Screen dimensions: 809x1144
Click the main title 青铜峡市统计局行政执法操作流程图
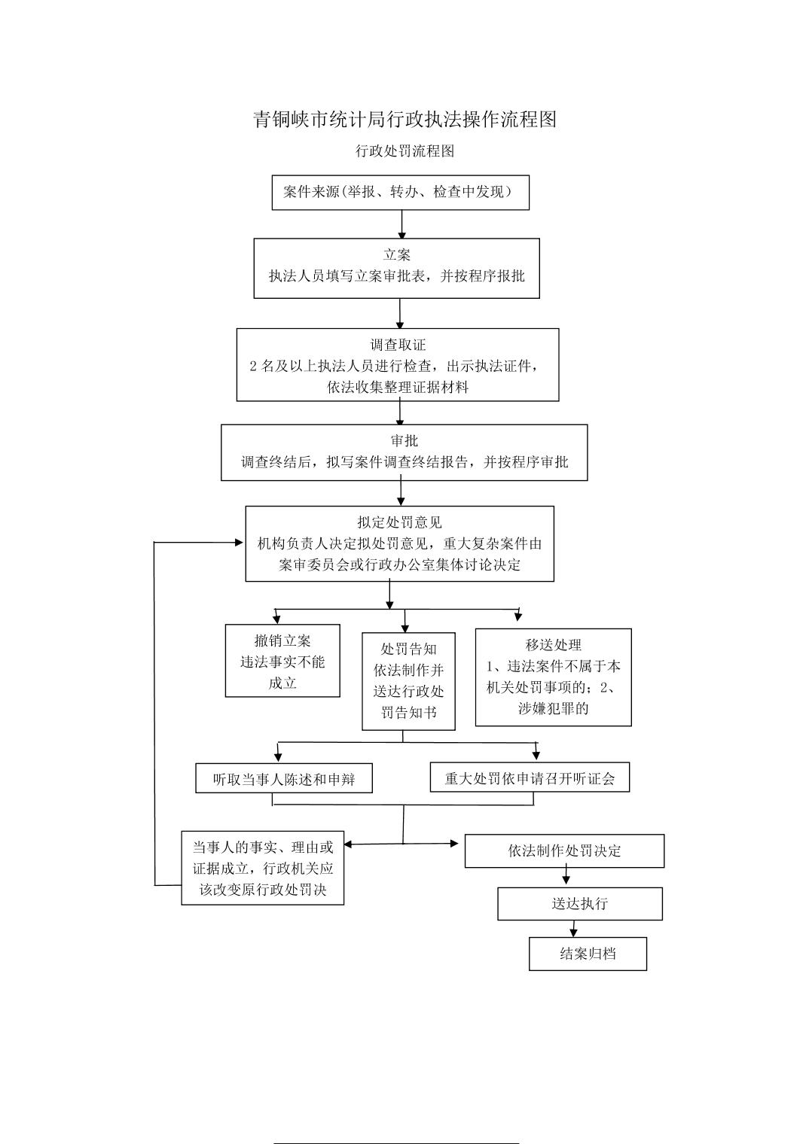pyautogui.click(x=404, y=120)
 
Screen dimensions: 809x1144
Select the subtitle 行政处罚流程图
pyautogui.click(x=404, y=151)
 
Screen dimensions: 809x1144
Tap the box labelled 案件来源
pyautogui.click(x=400, y=193)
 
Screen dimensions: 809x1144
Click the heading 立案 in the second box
pyautogui.click(x=397, y=255)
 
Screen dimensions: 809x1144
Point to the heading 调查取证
pyautogui.click(x=398, y=345)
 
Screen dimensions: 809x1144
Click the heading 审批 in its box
pyautogui.click(x=404, y=440)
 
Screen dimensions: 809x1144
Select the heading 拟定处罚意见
pyautogui.click(x=400, y=522)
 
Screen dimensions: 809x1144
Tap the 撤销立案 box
pyautogui.click(x=282, y=660)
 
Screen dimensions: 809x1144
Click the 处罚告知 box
pyautogui.click(x=408, y=681)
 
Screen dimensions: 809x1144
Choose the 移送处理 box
pyautogui.click(x=554, y=677)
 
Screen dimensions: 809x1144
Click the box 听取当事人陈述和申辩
pyautogui.click(x=284, y=778)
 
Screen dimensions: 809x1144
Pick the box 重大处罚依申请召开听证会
pyautogui.click(x=530, y=777)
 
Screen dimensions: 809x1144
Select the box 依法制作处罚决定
pyautogui.click(x=564, y=850)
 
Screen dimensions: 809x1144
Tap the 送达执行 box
pyautogui.click(x=580, y=904)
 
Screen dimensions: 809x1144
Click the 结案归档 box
pyautogui.click(x=588, y=954)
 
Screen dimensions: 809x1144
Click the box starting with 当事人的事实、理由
pyautogui.click(x=263, y=869)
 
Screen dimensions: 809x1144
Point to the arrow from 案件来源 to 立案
pyautogui.click(x=401, y=224)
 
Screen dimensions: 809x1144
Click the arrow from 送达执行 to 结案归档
pyautogui.click(x=574, y=929)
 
